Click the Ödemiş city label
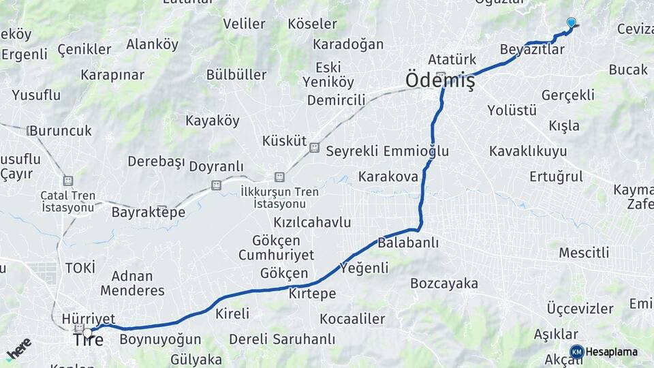[x=439, y=81]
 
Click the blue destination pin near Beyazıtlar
[x=571, y=22]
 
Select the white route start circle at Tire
[x=87, y=333]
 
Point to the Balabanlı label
[x=408, y=243]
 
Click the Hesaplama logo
[x=576, y=352]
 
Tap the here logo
[x=18, y=348]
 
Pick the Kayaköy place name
[x=213, y=121]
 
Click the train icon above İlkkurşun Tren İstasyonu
[x=279, y=177]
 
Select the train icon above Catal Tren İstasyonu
[x=67, y=181]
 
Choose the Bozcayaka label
[x=444, y=283]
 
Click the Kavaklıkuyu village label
[x=527, y=151]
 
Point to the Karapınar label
[x=112, y=74]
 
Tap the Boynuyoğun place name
[x=160, y=339]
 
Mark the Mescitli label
[x=584, y=253]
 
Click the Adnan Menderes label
[x=132, y=283]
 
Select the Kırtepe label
[x=312, y=294]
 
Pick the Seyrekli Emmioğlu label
[x=387, y=151]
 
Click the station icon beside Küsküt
[x=314, y=147]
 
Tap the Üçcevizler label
[x=580, y=309]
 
